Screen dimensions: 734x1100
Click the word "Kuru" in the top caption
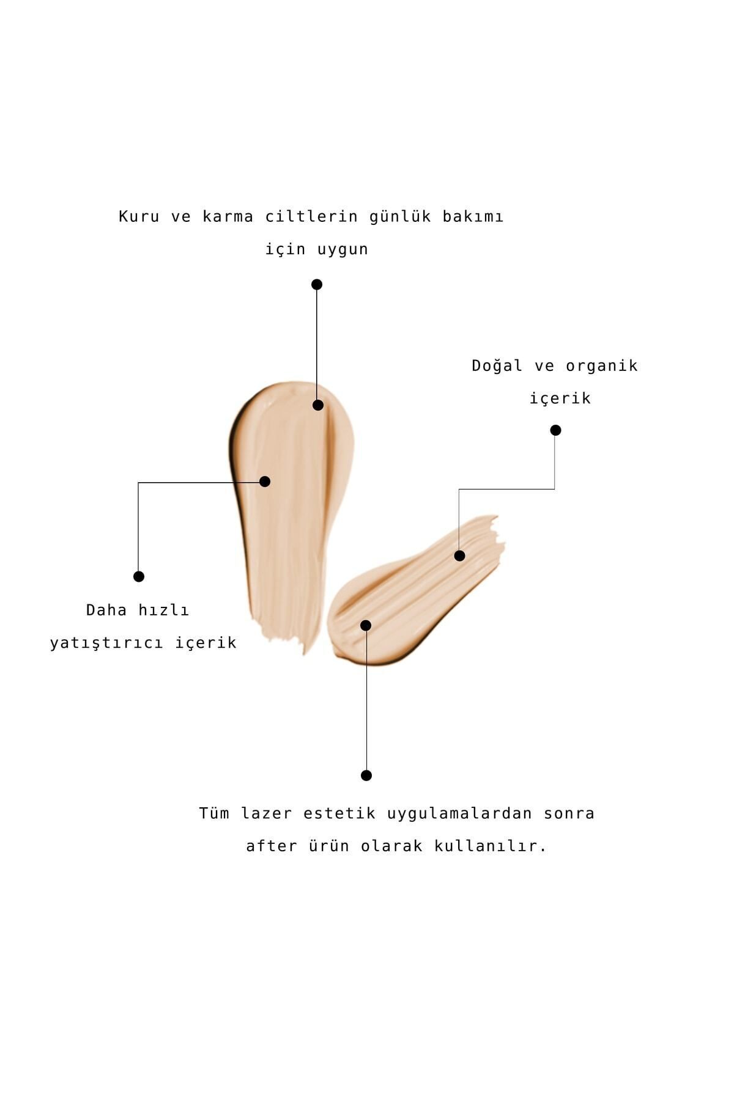[139, 217]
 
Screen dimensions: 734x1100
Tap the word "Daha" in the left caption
[106, 610]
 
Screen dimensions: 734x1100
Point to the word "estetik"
[339, 814]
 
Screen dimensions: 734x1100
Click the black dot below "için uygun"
[317, 284]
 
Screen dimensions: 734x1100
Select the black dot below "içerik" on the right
[555, 430]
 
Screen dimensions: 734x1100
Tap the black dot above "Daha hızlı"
[139, 576]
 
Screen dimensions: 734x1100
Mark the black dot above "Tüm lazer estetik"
[366, 776]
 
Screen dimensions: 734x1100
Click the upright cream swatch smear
[287, 507]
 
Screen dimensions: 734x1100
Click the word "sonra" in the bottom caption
[569, 814]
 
